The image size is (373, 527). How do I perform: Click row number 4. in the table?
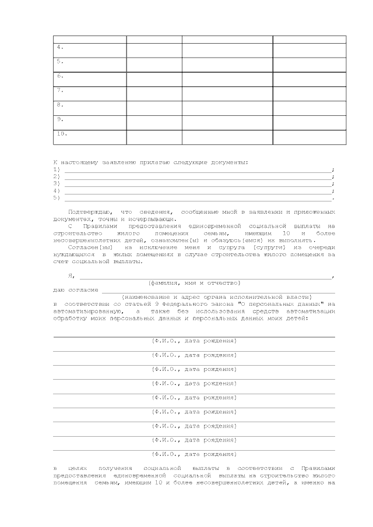point(60,47)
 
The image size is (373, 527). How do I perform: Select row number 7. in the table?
point(60,90)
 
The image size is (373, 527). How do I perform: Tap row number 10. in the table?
point(62,133)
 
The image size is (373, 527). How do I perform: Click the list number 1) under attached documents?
point(57,169)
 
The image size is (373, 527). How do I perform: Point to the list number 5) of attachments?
point(57,197)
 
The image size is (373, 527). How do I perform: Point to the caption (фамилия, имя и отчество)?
point(194,282)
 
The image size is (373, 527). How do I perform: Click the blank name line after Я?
point(204,275)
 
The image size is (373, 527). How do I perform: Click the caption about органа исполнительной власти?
point(217,296)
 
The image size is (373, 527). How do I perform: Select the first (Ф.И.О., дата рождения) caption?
point(194,340)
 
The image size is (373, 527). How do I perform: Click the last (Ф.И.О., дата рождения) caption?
point(194,453)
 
